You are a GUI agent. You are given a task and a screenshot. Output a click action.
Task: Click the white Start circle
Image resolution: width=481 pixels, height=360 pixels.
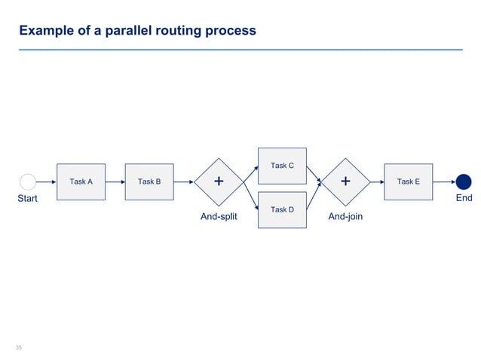pos(28,182)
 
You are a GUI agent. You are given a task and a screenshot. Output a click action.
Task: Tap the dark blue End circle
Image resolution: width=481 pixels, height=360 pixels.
pos(464,182)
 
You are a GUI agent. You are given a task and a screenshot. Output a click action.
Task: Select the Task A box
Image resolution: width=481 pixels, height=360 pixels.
pos(81,182)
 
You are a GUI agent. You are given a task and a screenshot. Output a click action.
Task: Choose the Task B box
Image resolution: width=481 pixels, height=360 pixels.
pos(149,182)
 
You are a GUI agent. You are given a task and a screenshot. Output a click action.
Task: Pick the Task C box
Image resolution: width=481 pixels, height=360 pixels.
pos(282,166)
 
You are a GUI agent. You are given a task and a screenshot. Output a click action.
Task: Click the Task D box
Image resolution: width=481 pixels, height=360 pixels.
pos(282,209)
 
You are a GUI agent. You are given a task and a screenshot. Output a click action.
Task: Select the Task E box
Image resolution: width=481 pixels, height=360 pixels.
pos(408,182)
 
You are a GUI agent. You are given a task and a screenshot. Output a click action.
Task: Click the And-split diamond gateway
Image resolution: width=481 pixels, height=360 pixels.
pos(219,182)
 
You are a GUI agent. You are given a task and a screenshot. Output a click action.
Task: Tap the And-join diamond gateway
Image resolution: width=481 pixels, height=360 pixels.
pos(345,182)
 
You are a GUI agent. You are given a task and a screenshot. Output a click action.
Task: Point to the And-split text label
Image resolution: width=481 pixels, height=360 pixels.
pos(219,216)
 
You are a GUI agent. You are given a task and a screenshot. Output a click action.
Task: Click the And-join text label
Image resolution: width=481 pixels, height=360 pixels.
pos(346,216)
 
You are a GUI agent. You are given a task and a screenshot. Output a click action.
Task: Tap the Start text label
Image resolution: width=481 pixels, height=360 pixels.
pos(28,199)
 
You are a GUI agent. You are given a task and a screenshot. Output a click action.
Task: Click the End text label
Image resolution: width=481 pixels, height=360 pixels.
pos(464,198)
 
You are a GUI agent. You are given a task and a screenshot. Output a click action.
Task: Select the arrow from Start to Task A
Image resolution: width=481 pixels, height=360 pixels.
pos(46,182)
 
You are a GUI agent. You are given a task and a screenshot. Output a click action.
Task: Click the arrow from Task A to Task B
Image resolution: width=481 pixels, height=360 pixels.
pos(115,182)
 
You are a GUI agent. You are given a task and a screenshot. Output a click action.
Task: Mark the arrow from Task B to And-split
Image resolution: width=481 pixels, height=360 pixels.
pos(183,182)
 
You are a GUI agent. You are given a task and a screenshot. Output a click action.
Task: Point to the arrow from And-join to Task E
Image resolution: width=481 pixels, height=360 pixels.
pos(377,182)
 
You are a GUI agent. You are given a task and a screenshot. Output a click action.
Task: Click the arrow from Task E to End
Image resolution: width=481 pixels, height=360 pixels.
pos(444,182)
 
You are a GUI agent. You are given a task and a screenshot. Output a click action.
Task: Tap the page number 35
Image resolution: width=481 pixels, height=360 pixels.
pos(20,347)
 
